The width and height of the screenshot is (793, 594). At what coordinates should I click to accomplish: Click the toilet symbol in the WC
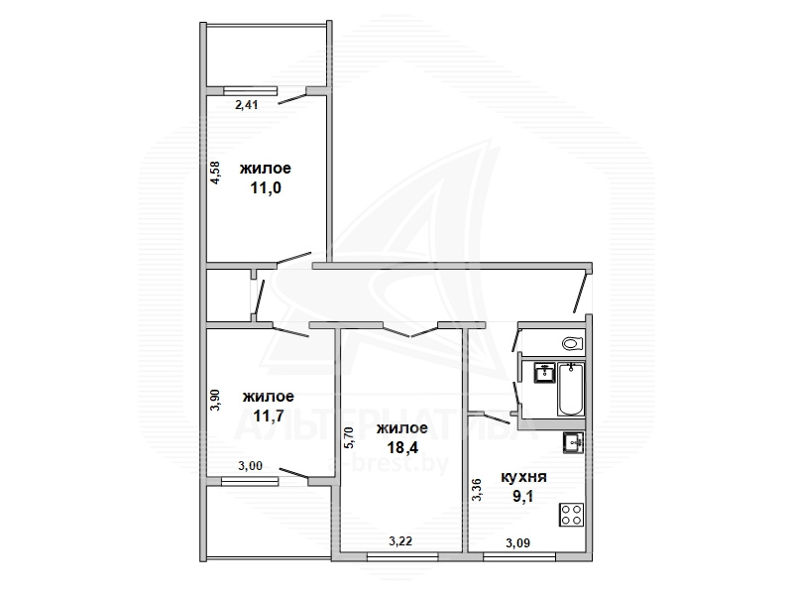[572, 343]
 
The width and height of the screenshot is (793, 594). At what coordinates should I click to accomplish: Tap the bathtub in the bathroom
[571, 389]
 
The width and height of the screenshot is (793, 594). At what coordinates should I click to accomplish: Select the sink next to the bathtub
[544, 374]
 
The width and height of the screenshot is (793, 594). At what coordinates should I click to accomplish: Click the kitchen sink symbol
[574, 443]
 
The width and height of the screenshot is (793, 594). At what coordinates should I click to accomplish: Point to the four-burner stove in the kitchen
[572, 515]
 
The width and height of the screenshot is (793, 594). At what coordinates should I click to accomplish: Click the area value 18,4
[402, 447]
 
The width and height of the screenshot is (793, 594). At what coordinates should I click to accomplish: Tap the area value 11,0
[266, 188]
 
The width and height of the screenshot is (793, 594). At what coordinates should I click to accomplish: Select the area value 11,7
[269, 416]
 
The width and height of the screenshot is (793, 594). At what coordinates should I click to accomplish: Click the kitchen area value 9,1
[523, 497]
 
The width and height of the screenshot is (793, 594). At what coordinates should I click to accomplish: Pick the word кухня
[523, 477]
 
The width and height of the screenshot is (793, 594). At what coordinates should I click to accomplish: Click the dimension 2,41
[247, 105]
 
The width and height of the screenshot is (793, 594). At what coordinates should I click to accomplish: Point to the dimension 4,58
[215, 173]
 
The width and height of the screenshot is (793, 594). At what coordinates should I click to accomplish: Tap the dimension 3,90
[215, 400]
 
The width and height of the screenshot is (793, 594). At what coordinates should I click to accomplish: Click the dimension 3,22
[400, 541]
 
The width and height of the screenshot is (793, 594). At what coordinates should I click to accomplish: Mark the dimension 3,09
[517, 543]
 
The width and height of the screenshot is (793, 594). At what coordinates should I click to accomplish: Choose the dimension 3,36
[477, 490]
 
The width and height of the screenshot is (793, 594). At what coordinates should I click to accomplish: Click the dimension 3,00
[251, 465]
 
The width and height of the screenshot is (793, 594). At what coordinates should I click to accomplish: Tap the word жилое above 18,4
[402, 428]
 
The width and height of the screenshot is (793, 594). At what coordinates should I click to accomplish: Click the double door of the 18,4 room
[410, 330]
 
